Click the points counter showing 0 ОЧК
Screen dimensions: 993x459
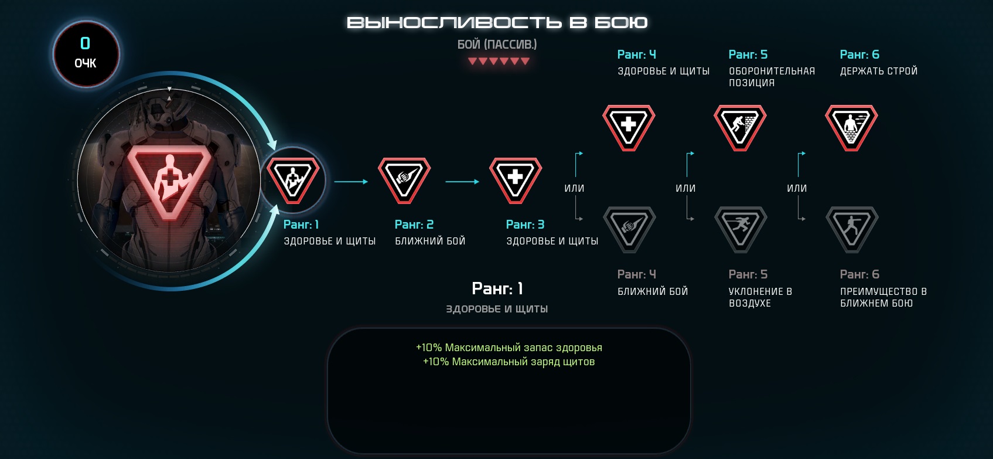click(86, 54)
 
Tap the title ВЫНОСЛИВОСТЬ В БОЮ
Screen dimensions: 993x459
click(497, 23)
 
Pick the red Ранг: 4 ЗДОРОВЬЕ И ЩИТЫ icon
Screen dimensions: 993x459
click(629, 128)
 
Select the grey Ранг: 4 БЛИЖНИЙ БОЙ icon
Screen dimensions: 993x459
click(630, 229)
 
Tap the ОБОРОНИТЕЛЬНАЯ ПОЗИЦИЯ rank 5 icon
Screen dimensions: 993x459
click(740, 128)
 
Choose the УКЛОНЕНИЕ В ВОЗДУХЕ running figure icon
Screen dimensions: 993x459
click(741, 229)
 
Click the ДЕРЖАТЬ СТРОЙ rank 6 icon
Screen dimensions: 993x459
click(851, 128)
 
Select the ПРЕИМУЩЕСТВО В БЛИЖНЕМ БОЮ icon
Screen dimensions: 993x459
click(852, 229)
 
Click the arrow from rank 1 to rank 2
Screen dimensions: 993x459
click(351, 181)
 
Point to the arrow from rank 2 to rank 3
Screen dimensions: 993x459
click(462, 181)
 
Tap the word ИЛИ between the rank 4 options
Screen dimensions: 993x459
click(574, 188)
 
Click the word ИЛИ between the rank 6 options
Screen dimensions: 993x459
click(797, 188)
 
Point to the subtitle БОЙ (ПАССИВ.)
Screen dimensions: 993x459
click(497, 45)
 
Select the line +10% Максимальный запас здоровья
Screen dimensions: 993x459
click(509, 347)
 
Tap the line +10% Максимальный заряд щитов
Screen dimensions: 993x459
click(509, 362)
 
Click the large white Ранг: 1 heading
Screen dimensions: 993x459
click(497, 288)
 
